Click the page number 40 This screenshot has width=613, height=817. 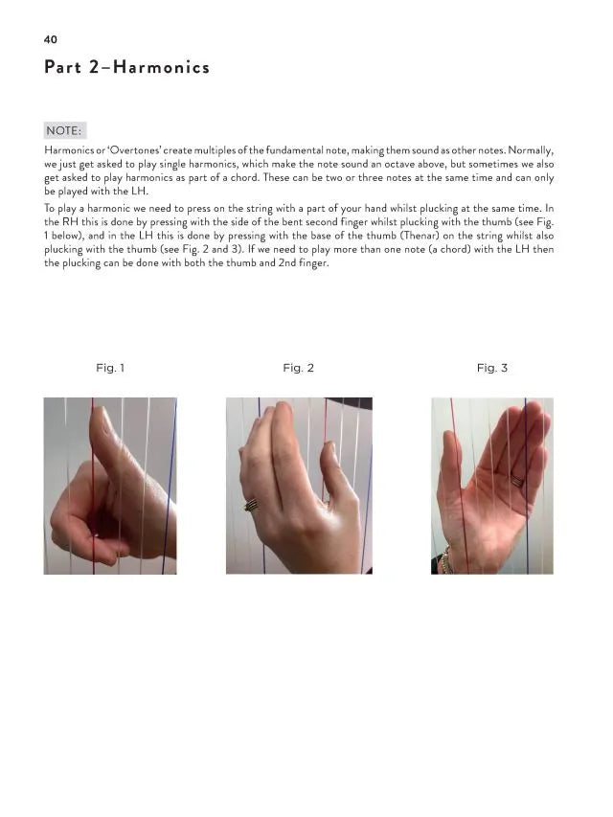51,39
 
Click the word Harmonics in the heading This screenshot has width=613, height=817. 162,67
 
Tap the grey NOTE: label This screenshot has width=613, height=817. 64,130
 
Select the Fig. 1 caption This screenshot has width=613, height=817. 110,368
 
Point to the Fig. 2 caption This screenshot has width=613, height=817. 298,368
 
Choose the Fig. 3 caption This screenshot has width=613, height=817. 491,368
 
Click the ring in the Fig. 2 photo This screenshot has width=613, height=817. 251,505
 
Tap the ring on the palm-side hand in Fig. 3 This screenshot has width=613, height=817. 517,481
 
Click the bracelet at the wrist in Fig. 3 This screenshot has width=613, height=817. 444,561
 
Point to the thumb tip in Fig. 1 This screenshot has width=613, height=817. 100,412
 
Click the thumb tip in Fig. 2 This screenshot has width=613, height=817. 329,446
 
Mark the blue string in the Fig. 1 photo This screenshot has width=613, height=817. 170,486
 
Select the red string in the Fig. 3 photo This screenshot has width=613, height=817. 459,486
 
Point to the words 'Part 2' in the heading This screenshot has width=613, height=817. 72,67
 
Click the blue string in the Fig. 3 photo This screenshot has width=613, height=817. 527,486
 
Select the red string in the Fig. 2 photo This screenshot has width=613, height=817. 327,421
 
